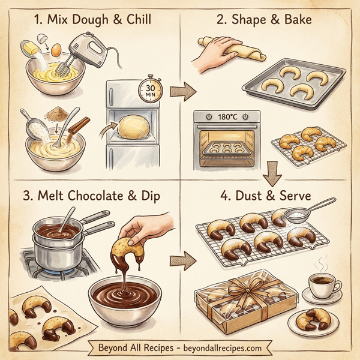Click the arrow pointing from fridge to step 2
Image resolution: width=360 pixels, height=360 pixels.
pyautogui.click(x=179, y=92)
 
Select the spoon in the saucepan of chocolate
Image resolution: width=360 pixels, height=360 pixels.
pyautogui.click(x=67, y=220)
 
